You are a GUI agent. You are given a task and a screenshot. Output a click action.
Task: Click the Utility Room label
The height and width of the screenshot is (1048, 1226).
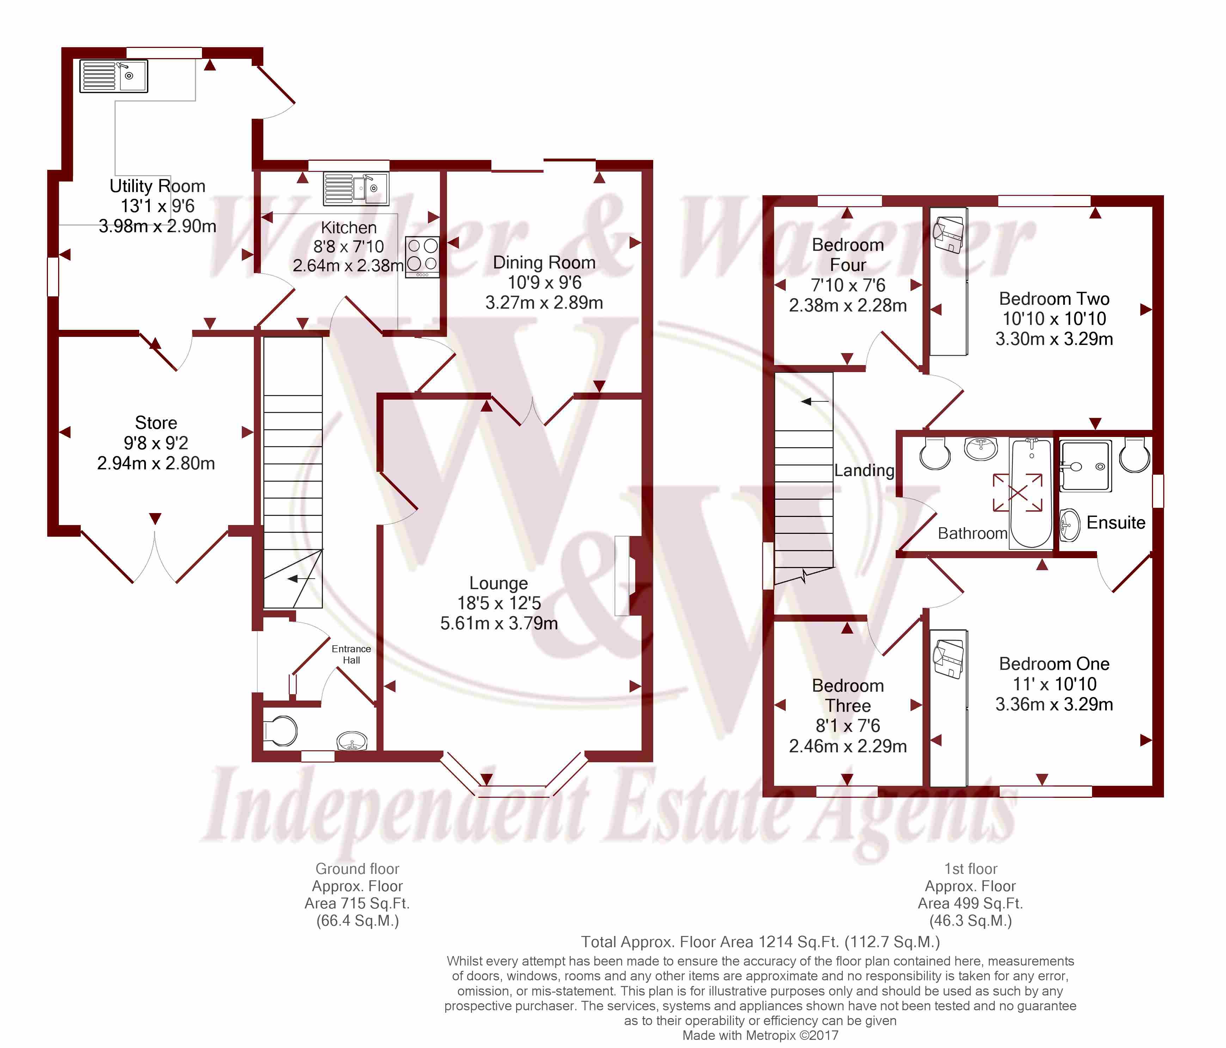pyautogui.click(x=157, y=186)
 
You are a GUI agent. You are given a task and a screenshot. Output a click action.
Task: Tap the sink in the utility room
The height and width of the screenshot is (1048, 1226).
pyautogui.click(x=114, y=76)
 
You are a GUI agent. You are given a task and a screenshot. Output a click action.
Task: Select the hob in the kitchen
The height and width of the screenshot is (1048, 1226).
pyautogui.click(x=422, y=257)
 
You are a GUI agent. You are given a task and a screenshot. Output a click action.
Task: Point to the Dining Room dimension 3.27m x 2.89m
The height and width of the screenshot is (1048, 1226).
pyautogui.click(x=544, y=303)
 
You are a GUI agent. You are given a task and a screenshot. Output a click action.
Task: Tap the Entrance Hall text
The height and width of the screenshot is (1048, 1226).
pyautogui.click(x=351, y=654)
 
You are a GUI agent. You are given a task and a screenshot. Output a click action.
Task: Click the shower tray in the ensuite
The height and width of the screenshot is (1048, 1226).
pyautogui.click(x=1085, y=466)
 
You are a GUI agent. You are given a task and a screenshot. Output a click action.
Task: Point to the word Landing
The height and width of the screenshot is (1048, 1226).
pyautogui.click(x=864, y=471)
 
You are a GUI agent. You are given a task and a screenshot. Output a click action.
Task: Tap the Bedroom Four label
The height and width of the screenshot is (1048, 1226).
pyautogui.click(x=847, y=255)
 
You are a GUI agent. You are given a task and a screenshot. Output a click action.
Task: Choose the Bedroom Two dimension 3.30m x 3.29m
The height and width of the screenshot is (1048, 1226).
pyautogui.click(x=1054, y=339)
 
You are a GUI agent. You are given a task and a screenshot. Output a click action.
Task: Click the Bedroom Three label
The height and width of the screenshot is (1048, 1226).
pyautogui.click(x=847, y=696)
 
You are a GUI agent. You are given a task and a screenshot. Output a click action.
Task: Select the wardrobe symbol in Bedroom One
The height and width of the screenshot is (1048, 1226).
pyautogui.click(x=949, y=707)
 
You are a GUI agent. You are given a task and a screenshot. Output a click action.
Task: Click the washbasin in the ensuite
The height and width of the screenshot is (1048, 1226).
pyautogui.click(x=1069, y=525)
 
